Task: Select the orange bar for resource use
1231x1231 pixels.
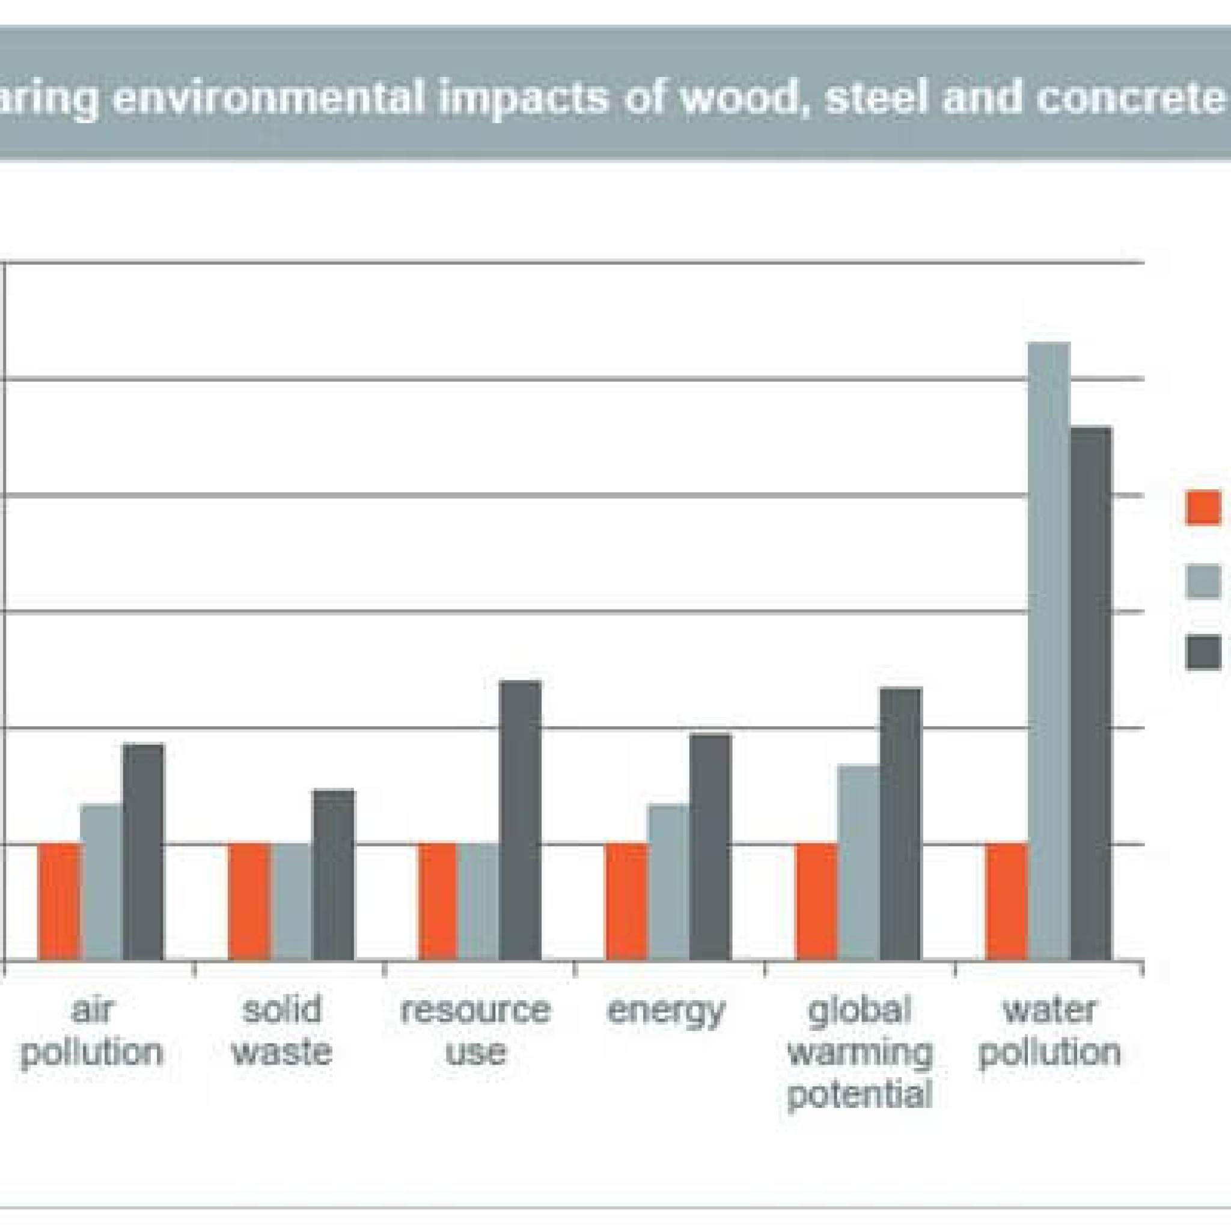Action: [x=438, y=901]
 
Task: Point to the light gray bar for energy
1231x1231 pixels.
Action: [x=668, y=882]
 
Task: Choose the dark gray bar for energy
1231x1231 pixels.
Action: [x=710, y=848]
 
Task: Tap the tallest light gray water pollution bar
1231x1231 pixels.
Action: [x=1049, y=650]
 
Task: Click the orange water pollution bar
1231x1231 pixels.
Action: [x=1007, y=901]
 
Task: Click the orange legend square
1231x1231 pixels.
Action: [x=1203, y=507]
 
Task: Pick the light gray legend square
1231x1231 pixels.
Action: [x=1203, y=581]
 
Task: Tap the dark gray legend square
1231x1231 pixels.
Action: [x=1203, y=652]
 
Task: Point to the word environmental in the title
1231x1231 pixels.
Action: [x=268, y=97]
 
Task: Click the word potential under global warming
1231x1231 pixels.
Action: [x=860, y=1095]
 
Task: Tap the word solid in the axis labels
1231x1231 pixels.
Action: [x=283, y=1009]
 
